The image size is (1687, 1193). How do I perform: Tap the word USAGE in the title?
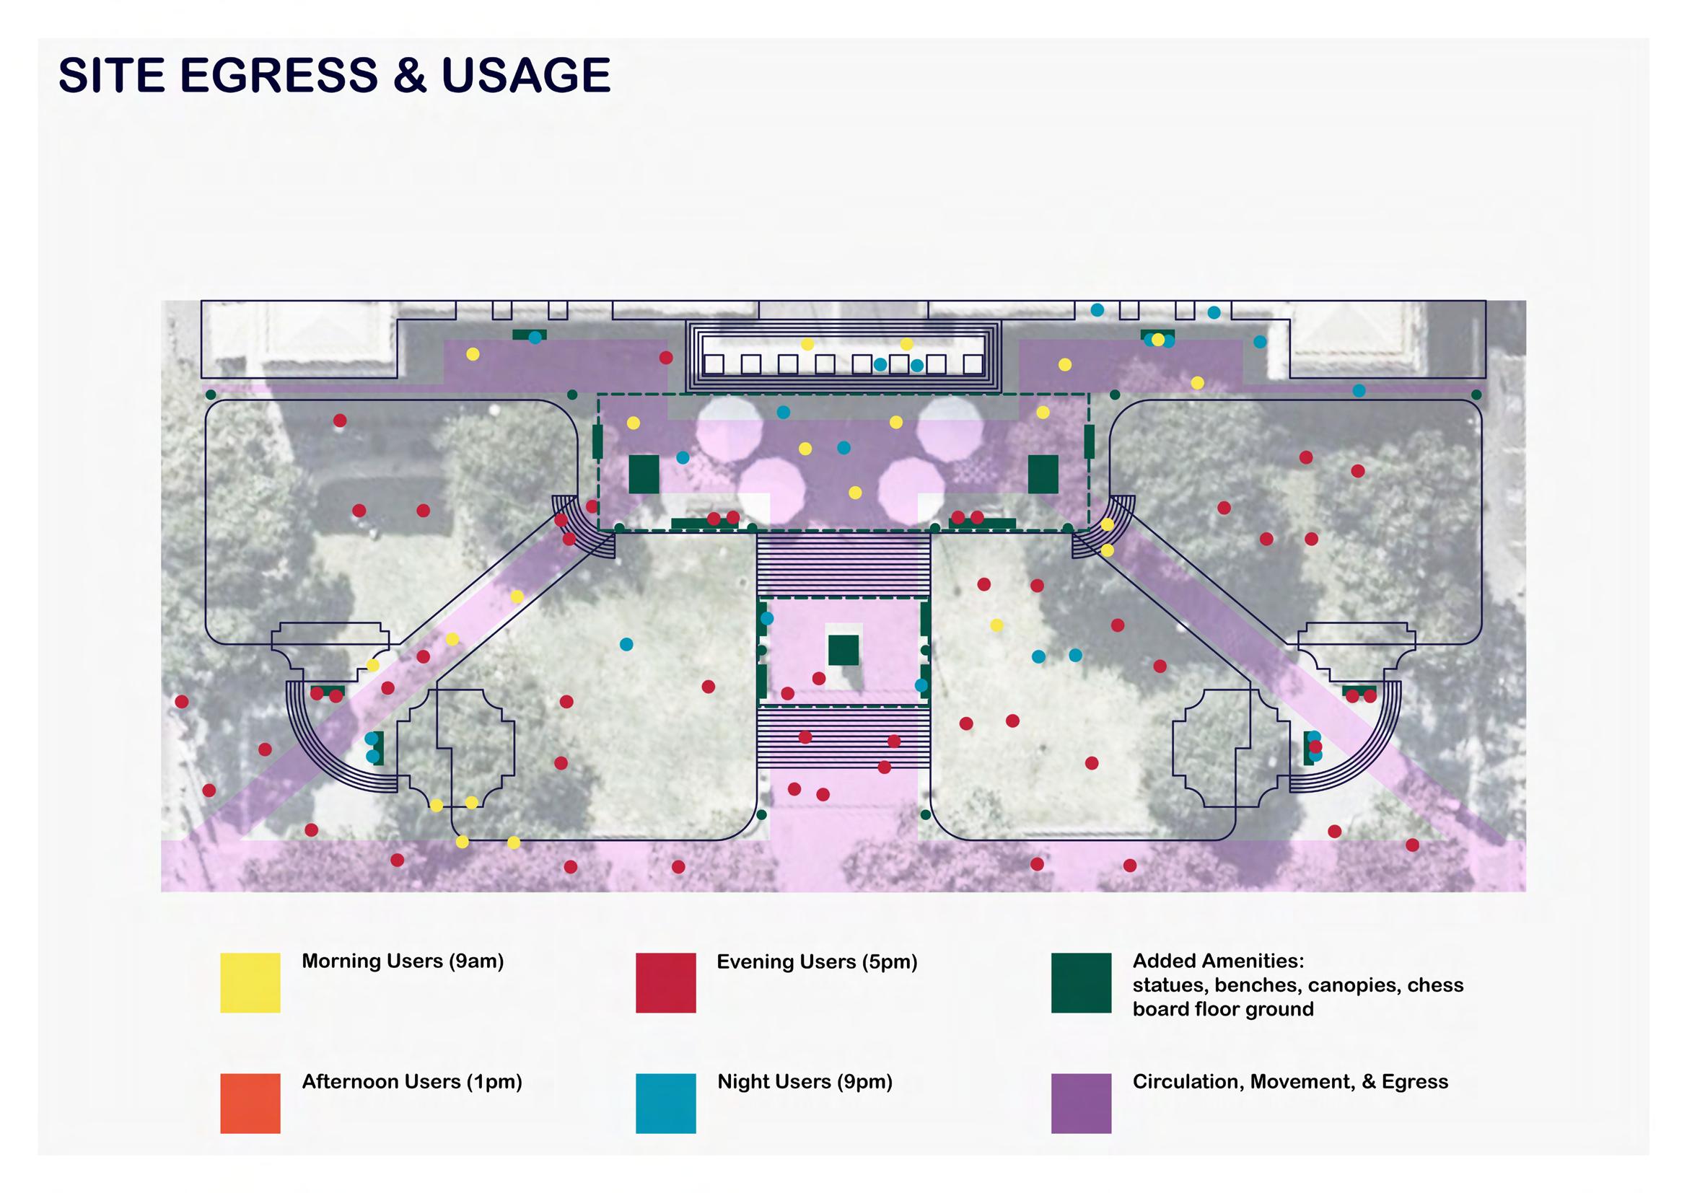click(525, 75)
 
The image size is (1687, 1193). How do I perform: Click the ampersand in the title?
click(409, 75)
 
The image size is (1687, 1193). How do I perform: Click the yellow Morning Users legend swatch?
click(250, 983)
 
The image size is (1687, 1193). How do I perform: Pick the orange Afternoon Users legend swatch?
click(250, 1103)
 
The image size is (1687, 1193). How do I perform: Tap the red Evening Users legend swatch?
click(665, 983)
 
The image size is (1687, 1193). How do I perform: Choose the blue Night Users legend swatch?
click(665, 1103)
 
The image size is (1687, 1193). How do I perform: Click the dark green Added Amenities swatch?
click(1081, 983)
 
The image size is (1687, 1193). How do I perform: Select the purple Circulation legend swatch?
click(1081, 1103)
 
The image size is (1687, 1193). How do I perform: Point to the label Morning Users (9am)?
click(403, 961)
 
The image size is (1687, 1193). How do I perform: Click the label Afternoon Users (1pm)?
click(411, 1081)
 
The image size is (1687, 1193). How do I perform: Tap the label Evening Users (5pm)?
click(817, 961)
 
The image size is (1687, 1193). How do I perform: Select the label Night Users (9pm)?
click(805, 1081)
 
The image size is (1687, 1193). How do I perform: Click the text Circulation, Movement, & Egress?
click(1290, 1081)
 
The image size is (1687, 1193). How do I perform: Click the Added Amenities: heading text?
click(1218, 961)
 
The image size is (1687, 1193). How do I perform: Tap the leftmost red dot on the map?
click(182, 702)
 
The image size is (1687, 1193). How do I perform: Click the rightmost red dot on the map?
click(1412, 845)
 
